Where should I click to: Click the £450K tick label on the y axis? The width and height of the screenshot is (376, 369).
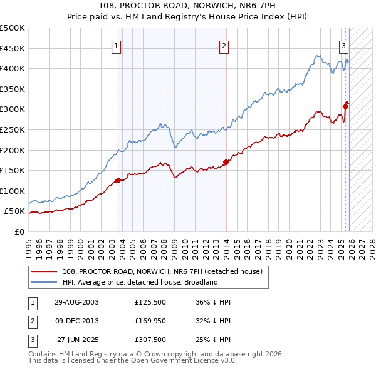(13, 48)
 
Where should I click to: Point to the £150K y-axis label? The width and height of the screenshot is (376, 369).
(13, 170)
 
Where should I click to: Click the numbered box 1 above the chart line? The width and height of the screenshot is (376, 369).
(118, 45)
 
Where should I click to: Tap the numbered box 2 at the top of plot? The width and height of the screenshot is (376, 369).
(224, 45)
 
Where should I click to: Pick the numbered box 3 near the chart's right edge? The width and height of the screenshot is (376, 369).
(344, 45)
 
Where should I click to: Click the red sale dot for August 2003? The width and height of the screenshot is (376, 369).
(118, 180)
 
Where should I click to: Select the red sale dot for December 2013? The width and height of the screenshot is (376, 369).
(226, 162)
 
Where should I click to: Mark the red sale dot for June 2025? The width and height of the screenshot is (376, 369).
(345, 106)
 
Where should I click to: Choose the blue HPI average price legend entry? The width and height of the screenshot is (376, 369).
(139, 282)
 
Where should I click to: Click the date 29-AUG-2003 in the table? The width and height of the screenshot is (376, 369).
(76, 302)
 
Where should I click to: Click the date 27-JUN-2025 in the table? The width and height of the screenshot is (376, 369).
(78, 341)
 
